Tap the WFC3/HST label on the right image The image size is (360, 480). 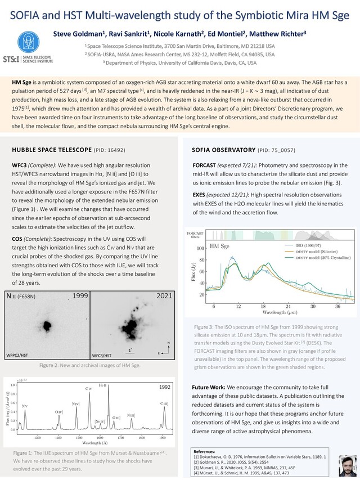click(x=105, y=356)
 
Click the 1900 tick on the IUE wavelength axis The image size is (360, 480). click(x=163, y=436)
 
